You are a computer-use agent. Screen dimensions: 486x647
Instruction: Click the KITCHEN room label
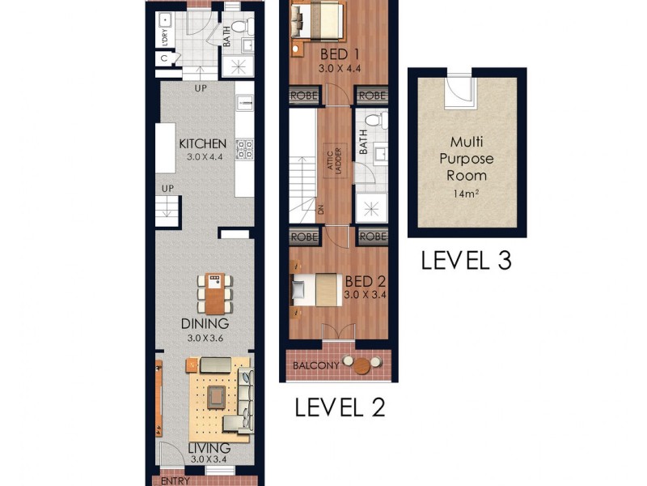point(202,144)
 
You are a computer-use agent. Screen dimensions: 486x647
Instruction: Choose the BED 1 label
point(339,54)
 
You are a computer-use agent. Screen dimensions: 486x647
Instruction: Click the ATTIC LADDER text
point(341,163)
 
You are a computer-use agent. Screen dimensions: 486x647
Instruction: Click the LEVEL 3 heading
point(466,261)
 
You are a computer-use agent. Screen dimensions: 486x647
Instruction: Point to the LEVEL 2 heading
point(339,407)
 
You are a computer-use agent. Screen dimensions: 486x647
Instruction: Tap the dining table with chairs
point(214,294)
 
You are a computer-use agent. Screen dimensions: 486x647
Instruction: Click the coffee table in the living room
point(216,394)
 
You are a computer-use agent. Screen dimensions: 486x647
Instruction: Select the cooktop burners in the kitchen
point(243,149)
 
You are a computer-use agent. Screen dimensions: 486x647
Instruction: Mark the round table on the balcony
point(362,366)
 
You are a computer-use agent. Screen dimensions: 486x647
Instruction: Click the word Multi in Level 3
point(466,139)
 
